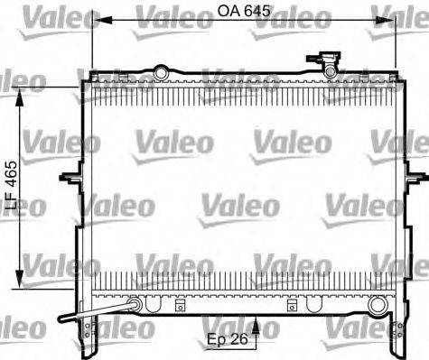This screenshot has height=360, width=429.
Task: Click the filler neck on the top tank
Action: pos(329,61)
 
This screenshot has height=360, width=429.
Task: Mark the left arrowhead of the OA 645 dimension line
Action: pos(93,18)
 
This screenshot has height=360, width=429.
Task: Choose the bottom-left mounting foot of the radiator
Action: pos(92,338)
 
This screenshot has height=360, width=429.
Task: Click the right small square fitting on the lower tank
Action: pos(292,303)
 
